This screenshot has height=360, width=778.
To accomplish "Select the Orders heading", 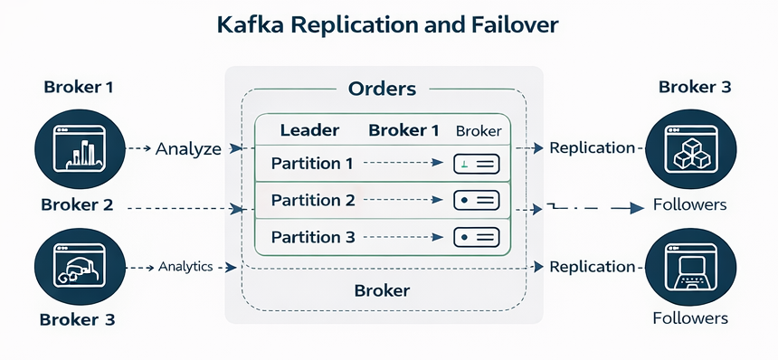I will (x=382, y=89).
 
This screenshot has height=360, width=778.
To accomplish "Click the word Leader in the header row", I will (x=309, y=130).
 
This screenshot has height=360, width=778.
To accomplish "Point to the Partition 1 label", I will (x=312, y=165).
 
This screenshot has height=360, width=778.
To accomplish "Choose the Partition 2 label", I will (x=312, y=200).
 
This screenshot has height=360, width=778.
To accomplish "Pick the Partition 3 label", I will (x=312, y=237).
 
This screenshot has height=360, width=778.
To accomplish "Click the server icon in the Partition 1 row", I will (x=476, y=165).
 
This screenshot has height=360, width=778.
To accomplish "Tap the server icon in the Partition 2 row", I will (x=476, y=200).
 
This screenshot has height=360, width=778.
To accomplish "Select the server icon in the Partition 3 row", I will (x=476, y=237).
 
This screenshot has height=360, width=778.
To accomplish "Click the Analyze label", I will (x=188, y=148).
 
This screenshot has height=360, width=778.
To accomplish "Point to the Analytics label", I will (x=185, y=267).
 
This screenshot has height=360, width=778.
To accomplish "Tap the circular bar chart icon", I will (x=77, y=147).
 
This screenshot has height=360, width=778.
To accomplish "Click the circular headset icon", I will (x=77, y=267).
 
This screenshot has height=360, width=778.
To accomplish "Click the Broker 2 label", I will (x=77, y=204).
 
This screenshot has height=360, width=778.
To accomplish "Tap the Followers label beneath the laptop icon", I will (x=689, y=318).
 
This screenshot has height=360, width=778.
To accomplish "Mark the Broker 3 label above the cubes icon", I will (x=694, y=88).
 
